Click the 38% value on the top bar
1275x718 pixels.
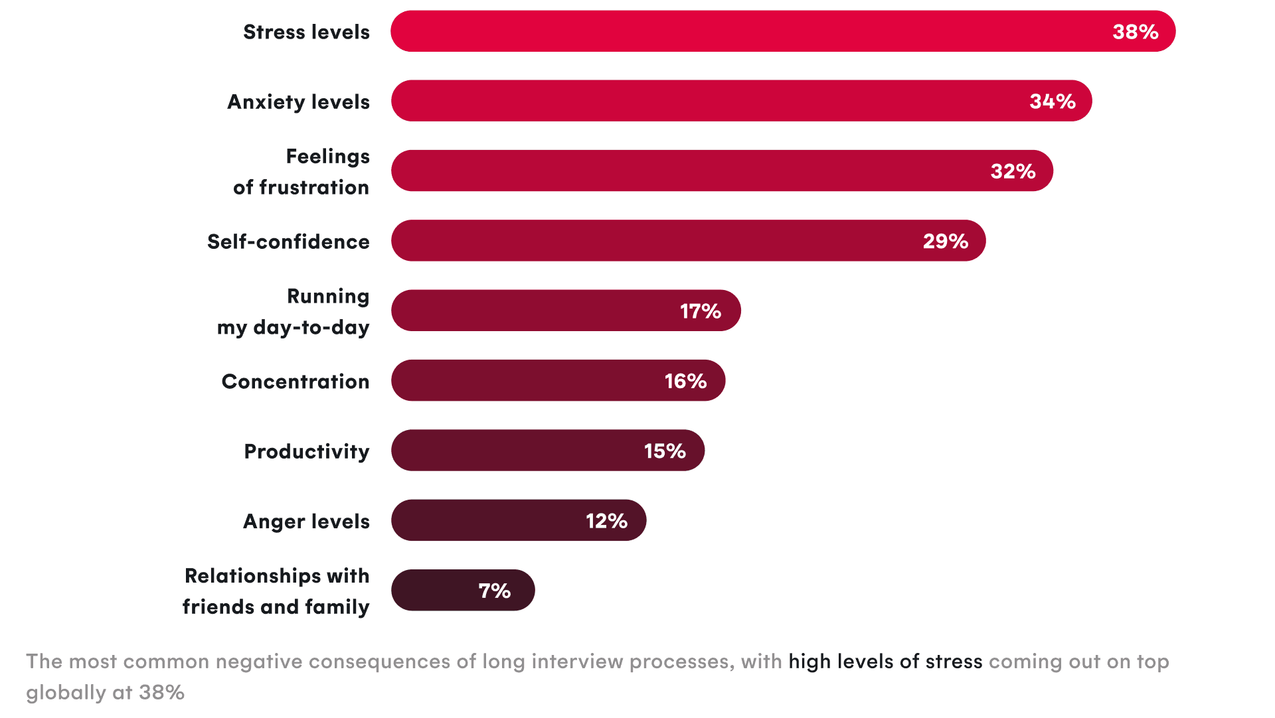[x=1135, y=32]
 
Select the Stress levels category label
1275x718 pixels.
[x=306, y=32]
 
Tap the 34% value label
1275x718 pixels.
[x=1052, y=102]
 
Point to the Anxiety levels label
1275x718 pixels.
[x=298, y=102]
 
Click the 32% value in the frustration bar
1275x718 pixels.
[x=1013, y=171]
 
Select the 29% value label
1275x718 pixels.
[x=945, y=241]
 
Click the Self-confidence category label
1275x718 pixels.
[x=288, y=242]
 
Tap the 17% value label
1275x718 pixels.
[x=700, y=311]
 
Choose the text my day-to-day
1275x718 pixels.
[x=293, y=328]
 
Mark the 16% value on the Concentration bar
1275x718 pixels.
[x=685, y=381]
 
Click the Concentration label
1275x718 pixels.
[x=296, y=382]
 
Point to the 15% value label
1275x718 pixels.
[x=664, y=451]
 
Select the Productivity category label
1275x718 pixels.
[x=306, y=451]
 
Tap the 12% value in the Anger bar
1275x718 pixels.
[x=606, y=521]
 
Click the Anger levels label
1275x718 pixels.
[x=306, y=522]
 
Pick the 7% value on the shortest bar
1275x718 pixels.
[x=494, y=591]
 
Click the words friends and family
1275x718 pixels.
[x=276, y=607]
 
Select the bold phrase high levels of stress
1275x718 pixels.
[x=885, y=662]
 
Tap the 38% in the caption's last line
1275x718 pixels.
[x=161, y=693]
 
